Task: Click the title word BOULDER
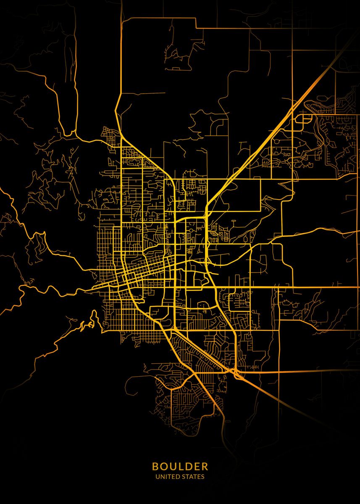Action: [x=180, y=466]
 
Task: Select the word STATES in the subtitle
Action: [x=193, y=477]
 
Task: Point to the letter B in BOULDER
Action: [x=155, y=466]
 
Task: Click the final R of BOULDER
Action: [x=205, y=466]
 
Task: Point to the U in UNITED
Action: [x=157, y=477]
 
